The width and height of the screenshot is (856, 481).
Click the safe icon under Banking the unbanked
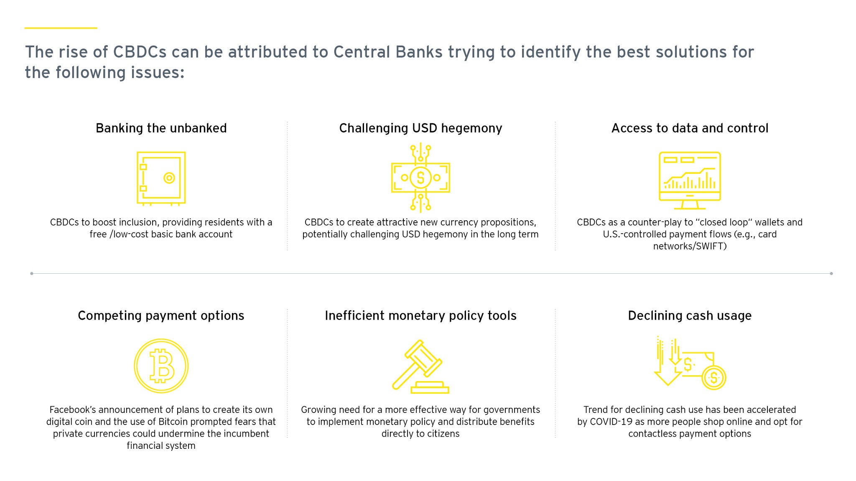(x=161, y=178)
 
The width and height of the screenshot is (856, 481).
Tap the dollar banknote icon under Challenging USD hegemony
(x=420, y=178)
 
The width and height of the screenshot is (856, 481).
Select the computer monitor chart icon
(x=690, y=181)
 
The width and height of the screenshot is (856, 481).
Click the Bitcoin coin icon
(x=161, y=366)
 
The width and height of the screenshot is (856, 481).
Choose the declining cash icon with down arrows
(x=690, y=363)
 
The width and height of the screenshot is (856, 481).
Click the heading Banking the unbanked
(x=161, y=128)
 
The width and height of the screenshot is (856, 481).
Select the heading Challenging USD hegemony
(x=420, y=128)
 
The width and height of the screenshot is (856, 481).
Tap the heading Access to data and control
(x=690, y=128)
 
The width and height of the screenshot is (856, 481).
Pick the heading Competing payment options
(x=161, y=316)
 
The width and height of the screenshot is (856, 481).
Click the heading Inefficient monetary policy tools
(x=420, y=316)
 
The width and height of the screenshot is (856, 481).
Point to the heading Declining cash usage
(x=690, y=316)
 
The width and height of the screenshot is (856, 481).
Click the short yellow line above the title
(x=61, y=28)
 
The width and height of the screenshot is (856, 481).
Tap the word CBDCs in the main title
(x=140, y=52)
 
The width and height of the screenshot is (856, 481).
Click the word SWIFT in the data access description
(x=711, y=246)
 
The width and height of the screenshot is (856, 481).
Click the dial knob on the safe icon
(x=169, y=178)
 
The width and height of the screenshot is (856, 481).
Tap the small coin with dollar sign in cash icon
(x=714, y=378)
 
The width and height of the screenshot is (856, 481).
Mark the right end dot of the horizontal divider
(x=831, y=274)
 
